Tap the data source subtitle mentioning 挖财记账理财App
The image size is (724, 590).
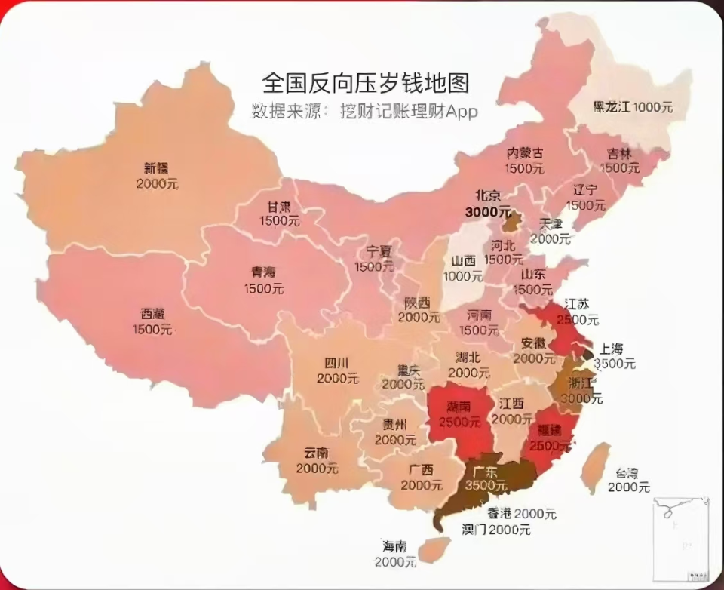point(365,111)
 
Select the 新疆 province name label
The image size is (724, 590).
point(158,168)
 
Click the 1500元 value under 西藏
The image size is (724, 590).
point(152,330)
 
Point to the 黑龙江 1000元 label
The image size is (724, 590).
point(633,107)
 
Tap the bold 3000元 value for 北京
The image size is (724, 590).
point(487,212)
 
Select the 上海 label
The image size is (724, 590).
point(611,349)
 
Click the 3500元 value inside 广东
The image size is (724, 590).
point(486,485)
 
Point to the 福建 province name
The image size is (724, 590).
point(550,431)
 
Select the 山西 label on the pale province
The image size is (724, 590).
point(463,261)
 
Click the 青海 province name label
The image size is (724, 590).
point(263,273)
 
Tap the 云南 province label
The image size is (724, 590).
point(316,453)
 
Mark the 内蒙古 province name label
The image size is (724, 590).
point(525,153)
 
